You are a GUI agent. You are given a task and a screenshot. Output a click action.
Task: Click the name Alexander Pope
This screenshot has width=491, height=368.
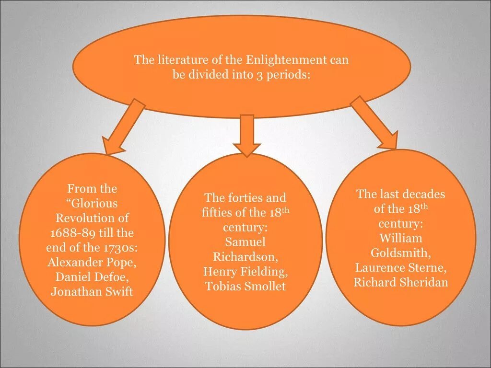pyautogui.click(x=92, y=262)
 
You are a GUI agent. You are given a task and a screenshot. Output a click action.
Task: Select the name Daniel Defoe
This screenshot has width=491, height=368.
pyautogui.click(x=92, y=276)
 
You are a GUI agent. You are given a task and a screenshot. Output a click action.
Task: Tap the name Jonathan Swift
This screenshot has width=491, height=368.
pyautogui.click(x=92, y=291)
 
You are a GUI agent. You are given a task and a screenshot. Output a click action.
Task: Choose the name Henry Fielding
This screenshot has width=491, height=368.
pyautogui.click(x=245, y=272)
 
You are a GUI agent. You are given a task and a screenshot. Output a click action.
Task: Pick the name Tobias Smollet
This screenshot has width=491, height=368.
pyautogui.click(x=245, y=287)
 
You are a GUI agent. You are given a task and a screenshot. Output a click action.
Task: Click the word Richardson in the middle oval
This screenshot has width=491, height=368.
pyautogui.click(x=245, y=256)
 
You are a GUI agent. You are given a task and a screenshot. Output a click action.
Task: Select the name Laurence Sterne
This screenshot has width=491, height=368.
pyautogui.click(x=401, y=267)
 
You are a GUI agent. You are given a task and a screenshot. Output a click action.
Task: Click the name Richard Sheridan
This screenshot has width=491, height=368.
pyautogui.click(x=401, y=282)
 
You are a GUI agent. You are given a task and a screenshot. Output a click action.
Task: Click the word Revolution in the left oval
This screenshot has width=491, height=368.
pyautogui.click(x=92, y=218)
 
